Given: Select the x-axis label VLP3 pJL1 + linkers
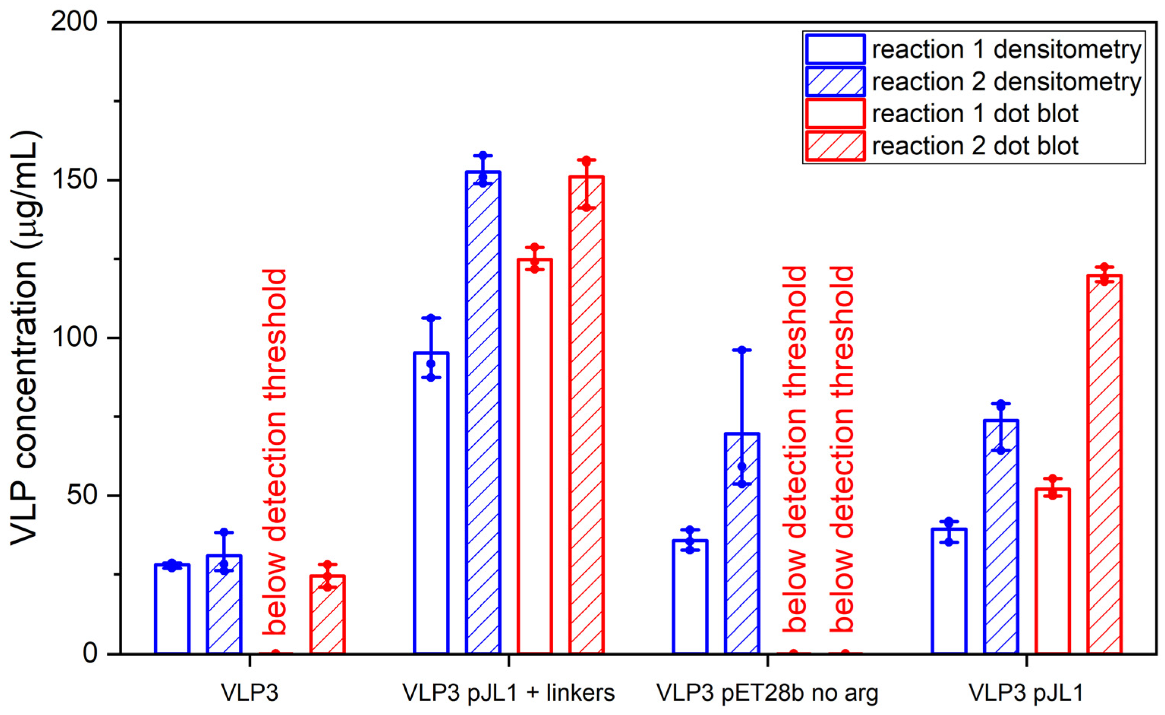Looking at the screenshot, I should pyautogui.click(x=508, y=693).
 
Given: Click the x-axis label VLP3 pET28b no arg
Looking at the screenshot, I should pyautogui.click(x=767, y=693).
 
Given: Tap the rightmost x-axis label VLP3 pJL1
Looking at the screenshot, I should pyautogui.click(x=1026, y=693).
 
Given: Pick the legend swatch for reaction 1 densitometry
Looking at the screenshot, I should pyautogui.click(x=835, y=49).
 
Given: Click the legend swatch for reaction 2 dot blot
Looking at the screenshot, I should pyautogui.click(x=835, y=146).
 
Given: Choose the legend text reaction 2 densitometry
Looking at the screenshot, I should pyautogui.click(x=1006, y=81).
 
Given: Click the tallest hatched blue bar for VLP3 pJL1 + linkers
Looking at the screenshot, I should pyautogui.click(x=483, y=412).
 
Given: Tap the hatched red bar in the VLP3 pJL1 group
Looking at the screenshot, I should pyautogui.click(x=1105, y=464).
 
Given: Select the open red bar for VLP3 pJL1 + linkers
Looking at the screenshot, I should pyautogui.click(x=534, y=457).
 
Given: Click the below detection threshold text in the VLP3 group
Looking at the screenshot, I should pyautogui.click(x=275, y=452).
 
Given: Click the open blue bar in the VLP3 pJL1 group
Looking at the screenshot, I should pyautogui.click(x=949, y=591).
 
